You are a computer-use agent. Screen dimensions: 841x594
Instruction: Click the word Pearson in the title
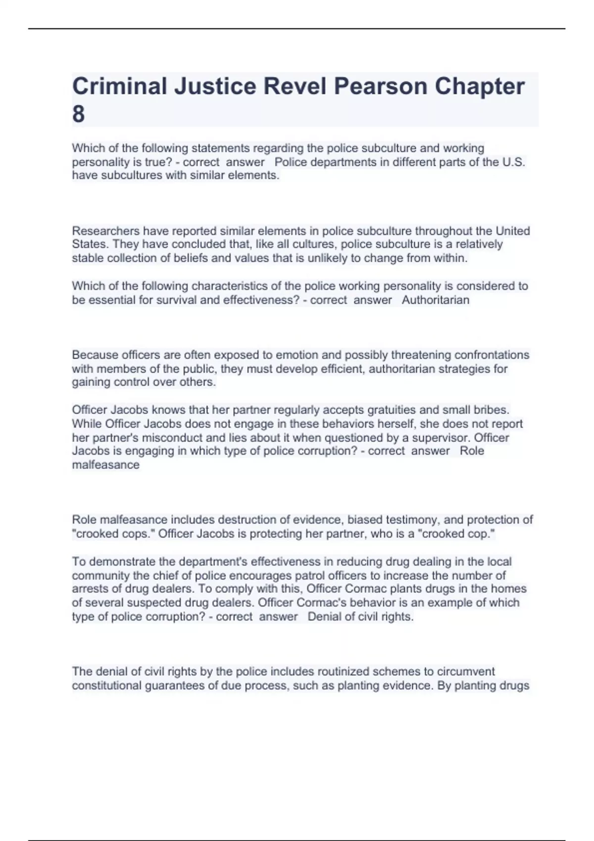point(380,87)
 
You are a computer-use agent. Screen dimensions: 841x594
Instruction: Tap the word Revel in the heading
point(295,87)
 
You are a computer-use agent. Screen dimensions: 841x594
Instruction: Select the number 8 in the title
point(78,114)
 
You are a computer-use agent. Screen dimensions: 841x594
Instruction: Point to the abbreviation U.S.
point(513,162)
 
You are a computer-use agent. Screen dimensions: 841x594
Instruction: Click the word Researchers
point(105,231)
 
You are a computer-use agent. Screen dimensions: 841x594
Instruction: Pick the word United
point(513,231)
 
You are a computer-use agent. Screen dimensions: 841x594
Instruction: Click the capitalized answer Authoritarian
point(436,300)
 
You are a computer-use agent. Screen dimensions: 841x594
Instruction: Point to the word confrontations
point(492,355)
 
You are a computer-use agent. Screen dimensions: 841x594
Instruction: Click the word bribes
point(492,410)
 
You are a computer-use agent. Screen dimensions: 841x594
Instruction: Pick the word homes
point(508,589)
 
